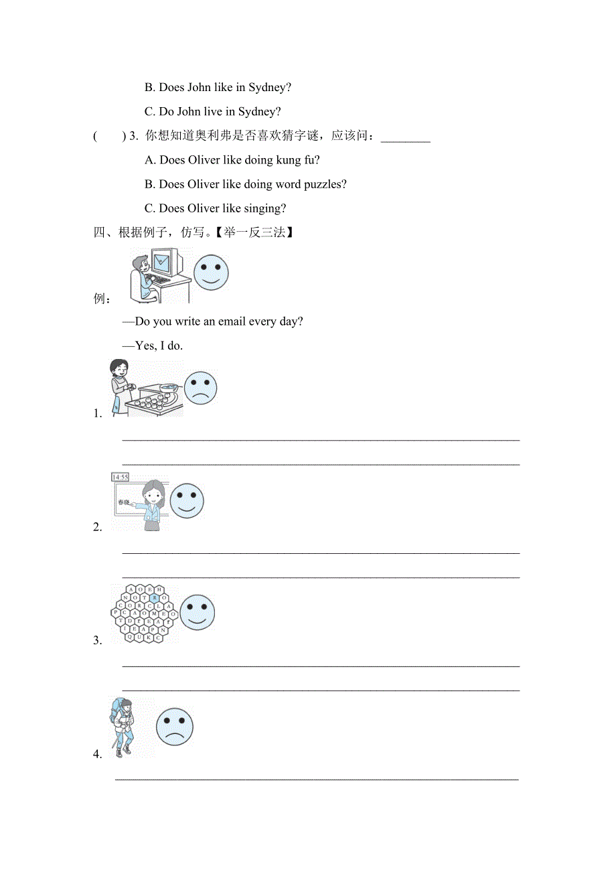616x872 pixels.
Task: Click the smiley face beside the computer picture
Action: (211, 272)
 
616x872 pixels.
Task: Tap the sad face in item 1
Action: (200, 388)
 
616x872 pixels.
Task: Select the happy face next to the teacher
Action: (187, 500)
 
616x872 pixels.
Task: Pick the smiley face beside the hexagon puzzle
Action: (197, 611)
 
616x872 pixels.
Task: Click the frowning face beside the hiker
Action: (175, 727)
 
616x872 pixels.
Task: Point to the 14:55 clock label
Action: (121, 477)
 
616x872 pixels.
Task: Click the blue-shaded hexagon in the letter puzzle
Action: (155, 597)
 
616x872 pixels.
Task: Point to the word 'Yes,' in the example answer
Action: (146, 346)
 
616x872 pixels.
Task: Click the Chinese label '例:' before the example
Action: (102, 299)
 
